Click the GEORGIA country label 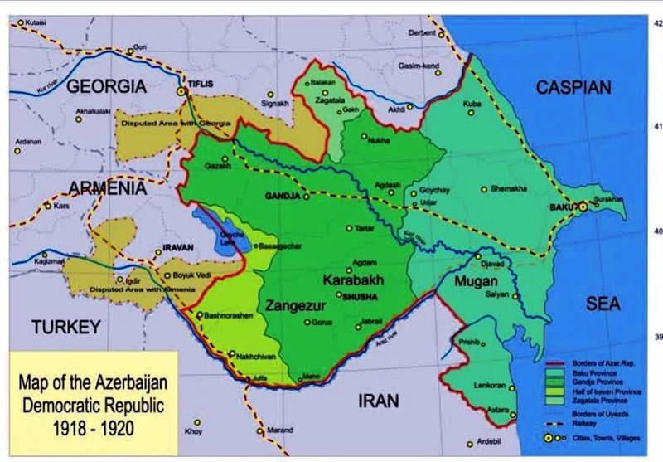[x=106, y=85]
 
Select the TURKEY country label [x=66, y=326]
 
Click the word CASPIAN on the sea [x=573, y=87]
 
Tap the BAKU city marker [x=583, y=206]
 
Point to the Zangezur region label [x=293, y=306]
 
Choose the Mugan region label [x=476, y=282]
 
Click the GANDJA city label [x=282, y=197]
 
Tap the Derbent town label [x=421, y=33]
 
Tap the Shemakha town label [x=508, y=188]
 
